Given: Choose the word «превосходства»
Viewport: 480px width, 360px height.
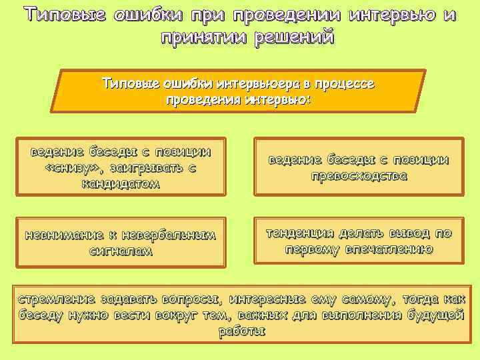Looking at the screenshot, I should [x=359, y=177].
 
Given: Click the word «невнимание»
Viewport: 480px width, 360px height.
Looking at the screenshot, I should [x=64, y=235].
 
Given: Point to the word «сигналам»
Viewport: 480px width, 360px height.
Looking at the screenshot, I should [x=121, y=251].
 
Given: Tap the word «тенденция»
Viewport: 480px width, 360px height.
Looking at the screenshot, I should [x=301, y=233].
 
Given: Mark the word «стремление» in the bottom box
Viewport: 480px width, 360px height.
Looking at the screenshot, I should [x=56, y=299].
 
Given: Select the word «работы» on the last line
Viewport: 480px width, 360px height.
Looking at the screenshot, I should [x=241, y=331].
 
